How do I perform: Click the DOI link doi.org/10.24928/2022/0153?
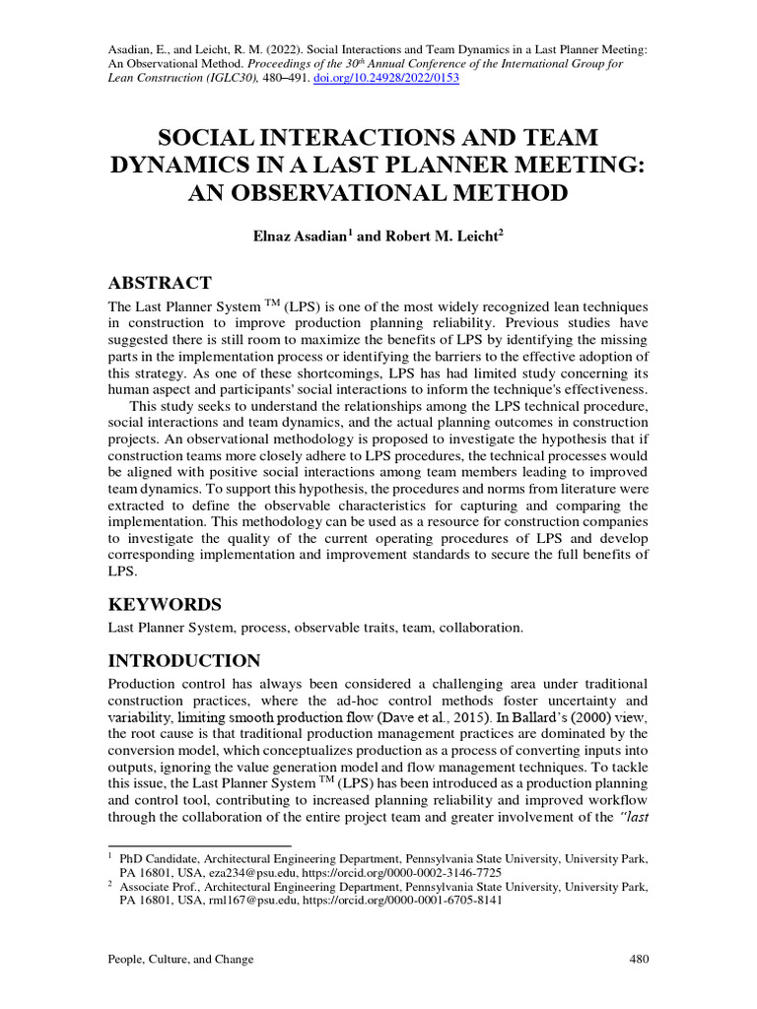[386, 79]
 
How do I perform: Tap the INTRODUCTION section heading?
[183, 660]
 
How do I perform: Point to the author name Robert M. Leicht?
[442, 237]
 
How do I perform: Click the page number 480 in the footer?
[638, 959]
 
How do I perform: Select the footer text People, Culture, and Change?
[180, 959]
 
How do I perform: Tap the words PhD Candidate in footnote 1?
[157, 859]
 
